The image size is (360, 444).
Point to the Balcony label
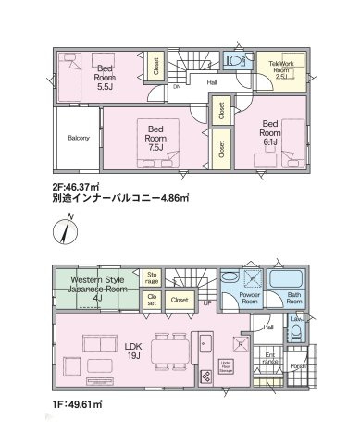coord(79,140)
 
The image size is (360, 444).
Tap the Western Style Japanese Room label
coord(95,289)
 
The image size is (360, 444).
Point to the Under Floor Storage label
coord(226,365)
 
